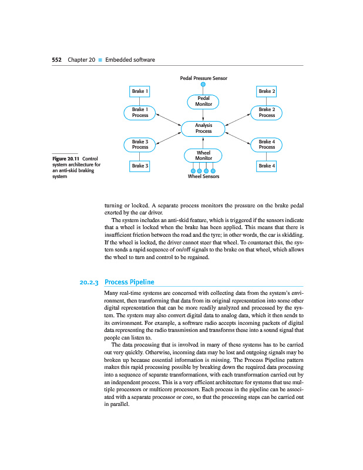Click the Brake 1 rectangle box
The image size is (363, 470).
139,91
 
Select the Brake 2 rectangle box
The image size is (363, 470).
267,91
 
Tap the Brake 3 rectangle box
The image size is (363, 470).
139,166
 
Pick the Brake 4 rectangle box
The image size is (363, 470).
267,166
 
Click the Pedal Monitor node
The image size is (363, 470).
203,102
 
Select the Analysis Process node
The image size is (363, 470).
203,128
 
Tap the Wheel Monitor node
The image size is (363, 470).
203,155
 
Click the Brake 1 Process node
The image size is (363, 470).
140,112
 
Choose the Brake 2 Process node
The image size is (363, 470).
267,112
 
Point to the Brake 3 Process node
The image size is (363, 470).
140,144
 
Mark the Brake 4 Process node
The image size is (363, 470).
267,144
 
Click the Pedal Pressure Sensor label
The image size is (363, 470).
203,78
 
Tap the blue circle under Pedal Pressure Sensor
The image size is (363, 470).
203,85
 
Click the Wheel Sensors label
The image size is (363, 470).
203,176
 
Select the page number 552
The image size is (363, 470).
57,60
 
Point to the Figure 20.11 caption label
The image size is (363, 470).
65,158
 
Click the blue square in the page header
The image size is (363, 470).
100,60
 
